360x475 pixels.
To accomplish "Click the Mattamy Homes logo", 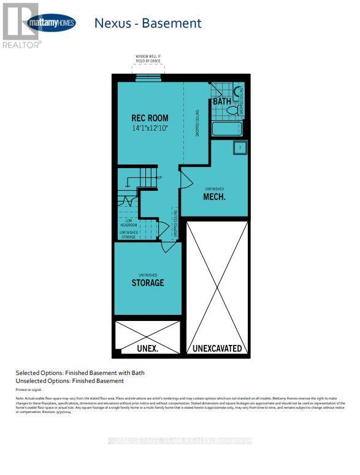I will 52,23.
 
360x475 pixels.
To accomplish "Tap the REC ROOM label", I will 150,118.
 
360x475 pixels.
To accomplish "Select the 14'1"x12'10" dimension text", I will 150,128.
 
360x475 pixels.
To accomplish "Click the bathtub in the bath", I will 228,129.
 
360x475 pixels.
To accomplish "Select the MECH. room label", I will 215,197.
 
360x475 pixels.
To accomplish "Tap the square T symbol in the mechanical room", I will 240,147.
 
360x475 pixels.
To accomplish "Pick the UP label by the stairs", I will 159,178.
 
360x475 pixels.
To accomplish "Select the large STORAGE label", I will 148,283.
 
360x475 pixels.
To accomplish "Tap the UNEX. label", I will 148,349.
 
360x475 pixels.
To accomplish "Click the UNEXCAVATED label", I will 218,349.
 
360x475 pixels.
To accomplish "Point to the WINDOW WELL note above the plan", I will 148,59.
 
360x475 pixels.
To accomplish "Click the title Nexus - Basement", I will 147,23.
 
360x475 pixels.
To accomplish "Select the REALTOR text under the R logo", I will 21,45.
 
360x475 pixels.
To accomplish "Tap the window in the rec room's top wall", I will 148,77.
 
